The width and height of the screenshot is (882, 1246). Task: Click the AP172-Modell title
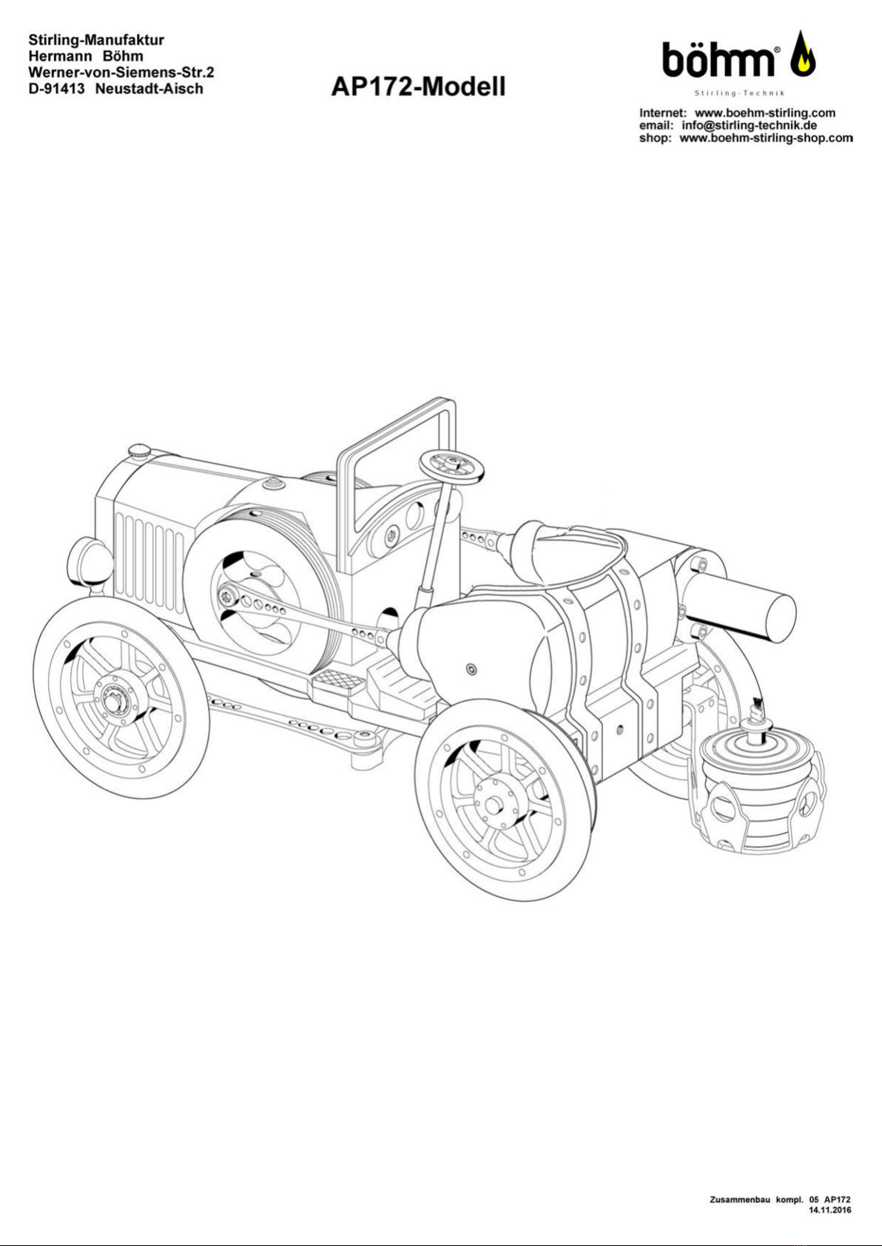(x=418, y=87)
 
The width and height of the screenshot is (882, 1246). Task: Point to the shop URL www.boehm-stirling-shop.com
(x=767, y=138)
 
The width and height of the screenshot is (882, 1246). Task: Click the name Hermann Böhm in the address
(x=87, y=56)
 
